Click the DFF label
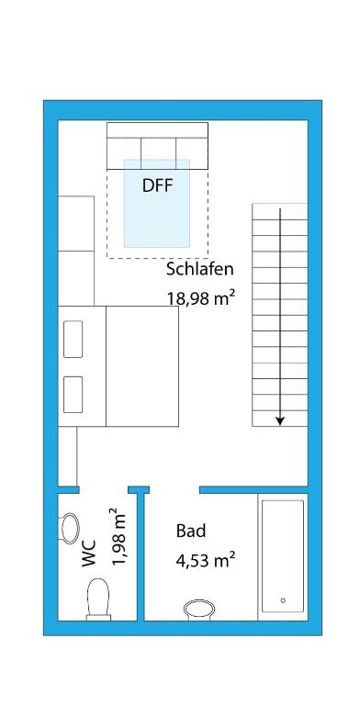[x=158, y=185]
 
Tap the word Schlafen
[x=200, y=269]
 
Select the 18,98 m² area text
[x=202, y=297]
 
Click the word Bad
[x=191, y=531]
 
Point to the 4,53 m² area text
[x=206, y=560]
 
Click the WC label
[x=89, y=554]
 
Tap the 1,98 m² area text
[x=118, y=538]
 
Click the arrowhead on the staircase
[x=280, y=420]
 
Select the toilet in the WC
[x=98, y=599]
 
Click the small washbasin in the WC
[x=69, y=528]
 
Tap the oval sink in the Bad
[x=199, y=610]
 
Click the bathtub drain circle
[x=283, y=600]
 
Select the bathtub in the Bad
[x=283, y=556]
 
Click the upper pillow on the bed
[x=73, y=339]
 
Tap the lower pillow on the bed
[x=73, y=395]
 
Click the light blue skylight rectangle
[x=157, y=203]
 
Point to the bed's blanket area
[x=142, y=366]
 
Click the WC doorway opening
[x=104, y=489]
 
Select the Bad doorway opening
[x=174, y=489]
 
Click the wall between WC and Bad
[x=141, y=556]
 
